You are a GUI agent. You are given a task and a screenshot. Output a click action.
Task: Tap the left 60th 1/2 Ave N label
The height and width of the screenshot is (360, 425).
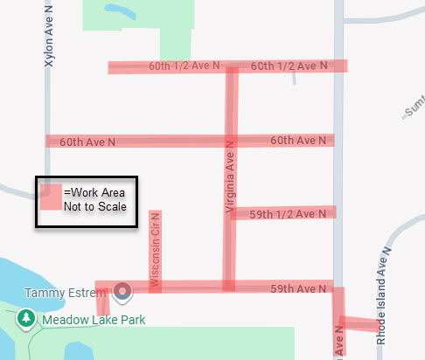pyautogui.click(x=184, y=66)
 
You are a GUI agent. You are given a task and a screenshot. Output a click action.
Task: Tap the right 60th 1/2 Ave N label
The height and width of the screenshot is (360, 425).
pyautogui.click(x=289, y=66)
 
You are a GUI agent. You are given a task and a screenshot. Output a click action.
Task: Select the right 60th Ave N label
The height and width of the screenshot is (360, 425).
pyautogui.click(x=299, y=140)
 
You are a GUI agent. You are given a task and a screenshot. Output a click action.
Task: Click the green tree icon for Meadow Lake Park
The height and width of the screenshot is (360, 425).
pyautogui.click(x=26, y=319)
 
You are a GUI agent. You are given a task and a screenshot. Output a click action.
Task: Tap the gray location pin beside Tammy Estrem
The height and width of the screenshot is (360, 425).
pyautogui.click(x=123, y=291)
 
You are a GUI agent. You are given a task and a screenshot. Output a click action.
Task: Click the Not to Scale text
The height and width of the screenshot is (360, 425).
pyautogui.click(x=94, y=207)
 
